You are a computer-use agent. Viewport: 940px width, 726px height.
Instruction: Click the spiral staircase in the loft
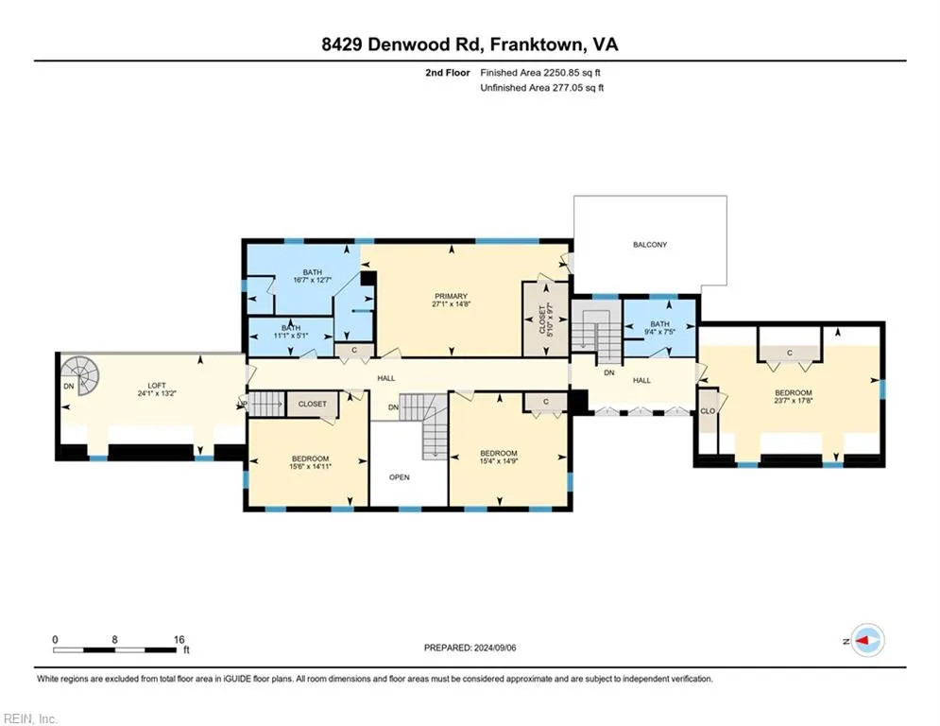(80, 375)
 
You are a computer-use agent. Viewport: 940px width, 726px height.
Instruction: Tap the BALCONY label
(649, 245)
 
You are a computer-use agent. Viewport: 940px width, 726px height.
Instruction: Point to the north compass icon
(866, 640)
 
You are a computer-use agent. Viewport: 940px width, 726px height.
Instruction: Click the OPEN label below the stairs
(400, 477)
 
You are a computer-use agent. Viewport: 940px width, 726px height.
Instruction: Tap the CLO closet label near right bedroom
(708, 411)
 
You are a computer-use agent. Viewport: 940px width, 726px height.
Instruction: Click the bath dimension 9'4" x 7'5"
(658, 332)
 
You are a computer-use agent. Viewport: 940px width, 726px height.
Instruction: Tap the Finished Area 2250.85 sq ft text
(542, 72)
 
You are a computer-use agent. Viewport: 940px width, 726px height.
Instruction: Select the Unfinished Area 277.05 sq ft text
(542, 88)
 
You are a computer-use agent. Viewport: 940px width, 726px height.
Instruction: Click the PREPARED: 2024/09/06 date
(470, 648)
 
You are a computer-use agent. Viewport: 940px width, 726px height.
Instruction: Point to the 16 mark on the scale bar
(179, 639)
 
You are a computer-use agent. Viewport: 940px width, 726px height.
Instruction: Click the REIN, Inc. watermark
(30, 718)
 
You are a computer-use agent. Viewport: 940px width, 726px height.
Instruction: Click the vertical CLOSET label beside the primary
(542, 320)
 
